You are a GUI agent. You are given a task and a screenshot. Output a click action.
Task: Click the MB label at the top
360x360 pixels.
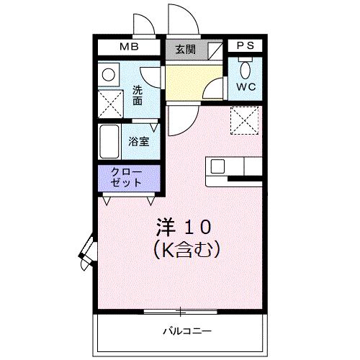129,48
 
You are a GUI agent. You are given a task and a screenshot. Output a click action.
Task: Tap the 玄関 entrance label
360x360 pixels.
185,49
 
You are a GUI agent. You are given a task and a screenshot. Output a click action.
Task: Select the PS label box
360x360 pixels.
245,46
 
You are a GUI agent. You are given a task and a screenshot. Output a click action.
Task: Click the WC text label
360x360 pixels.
246,86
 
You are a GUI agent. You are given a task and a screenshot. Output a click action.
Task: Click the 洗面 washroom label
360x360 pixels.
138,96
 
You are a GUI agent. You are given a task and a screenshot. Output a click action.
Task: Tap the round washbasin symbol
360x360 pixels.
110,73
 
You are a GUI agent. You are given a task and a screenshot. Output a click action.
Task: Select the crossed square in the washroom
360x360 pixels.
112,104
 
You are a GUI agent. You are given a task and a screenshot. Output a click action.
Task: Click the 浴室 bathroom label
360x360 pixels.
139,142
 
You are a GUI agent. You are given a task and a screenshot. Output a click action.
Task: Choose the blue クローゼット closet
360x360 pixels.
126,177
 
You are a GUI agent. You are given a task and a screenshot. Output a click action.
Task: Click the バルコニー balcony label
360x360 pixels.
186,332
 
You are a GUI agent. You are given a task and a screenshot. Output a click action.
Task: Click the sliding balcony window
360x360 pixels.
180,312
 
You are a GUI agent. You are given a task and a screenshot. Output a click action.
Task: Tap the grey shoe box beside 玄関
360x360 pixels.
214,49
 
